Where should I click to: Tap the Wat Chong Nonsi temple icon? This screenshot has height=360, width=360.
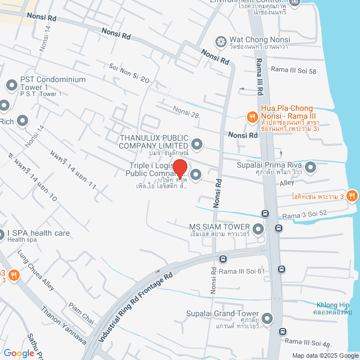(x=221, y=42)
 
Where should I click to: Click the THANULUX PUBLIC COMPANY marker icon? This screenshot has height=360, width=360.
(x=196, y=143)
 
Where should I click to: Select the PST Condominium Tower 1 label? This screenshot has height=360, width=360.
(x=53, y=83)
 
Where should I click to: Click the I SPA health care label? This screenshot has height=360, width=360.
(x=39, y=233)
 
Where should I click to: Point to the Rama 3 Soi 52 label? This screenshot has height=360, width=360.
(x=304, y=215)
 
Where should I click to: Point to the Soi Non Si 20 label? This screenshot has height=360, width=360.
(x=129, y=72)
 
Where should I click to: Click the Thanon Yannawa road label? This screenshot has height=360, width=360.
(x=63, y=326)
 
